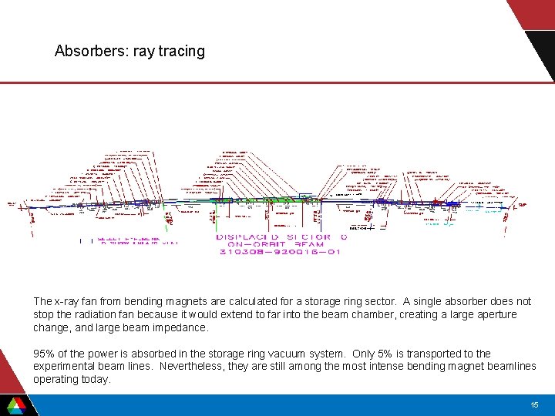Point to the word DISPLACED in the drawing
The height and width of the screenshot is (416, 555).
[x=249, y=237]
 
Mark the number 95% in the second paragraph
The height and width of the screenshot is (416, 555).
[x=44, y=354]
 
